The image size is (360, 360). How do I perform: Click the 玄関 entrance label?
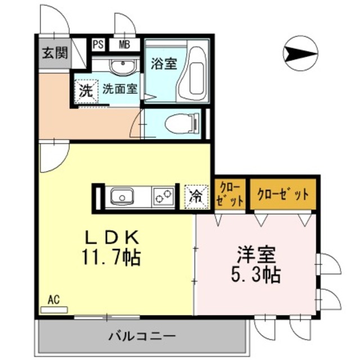(55, 53)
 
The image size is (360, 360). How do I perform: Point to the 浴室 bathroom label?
(163, 63)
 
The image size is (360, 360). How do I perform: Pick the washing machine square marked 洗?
(85, 91)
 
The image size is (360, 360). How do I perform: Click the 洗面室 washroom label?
(119, 88)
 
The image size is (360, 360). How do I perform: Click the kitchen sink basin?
(122, 197)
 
